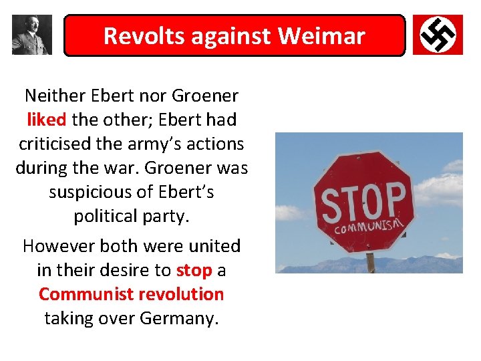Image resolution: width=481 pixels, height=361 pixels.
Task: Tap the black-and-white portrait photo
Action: point(31,34)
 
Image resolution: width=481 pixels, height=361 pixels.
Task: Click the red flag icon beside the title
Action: point(438,34)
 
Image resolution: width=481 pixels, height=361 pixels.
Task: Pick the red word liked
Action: point(47,120)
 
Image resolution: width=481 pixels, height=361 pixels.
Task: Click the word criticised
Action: point(55,144)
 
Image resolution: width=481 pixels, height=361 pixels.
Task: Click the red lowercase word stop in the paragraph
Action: point(194,270)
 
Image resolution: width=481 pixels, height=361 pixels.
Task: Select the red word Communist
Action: point(79,294)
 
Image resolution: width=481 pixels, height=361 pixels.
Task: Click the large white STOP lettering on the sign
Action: point(363,202)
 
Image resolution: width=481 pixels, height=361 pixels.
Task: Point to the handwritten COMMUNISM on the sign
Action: point(369,227)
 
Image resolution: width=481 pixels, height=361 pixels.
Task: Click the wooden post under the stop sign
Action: point(370,262)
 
